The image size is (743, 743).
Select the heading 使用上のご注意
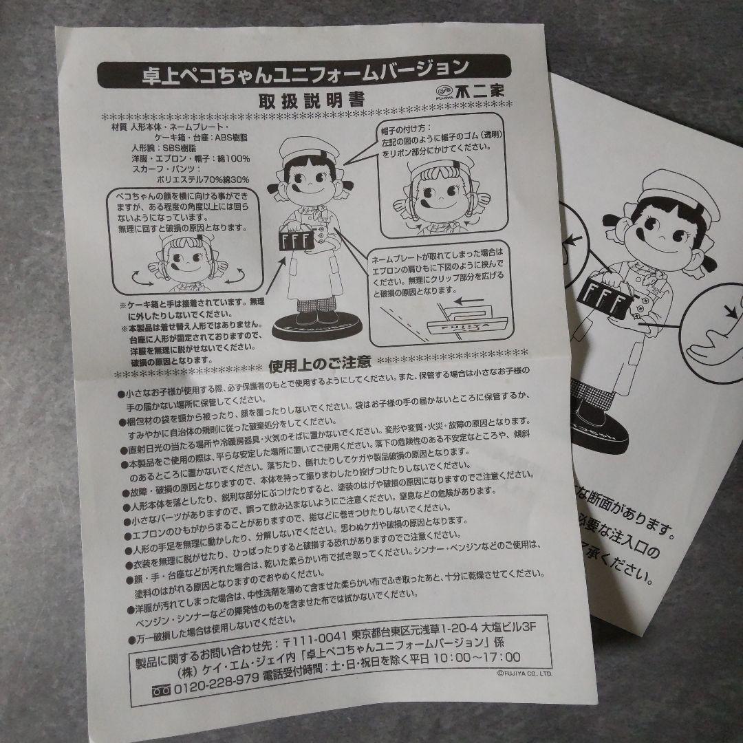click(x=321, y=362)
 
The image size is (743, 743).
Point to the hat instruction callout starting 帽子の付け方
click(x=440, y=138)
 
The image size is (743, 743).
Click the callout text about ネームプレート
click(x=440, y=272)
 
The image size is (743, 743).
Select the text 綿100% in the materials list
click(x=234, y=158)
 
